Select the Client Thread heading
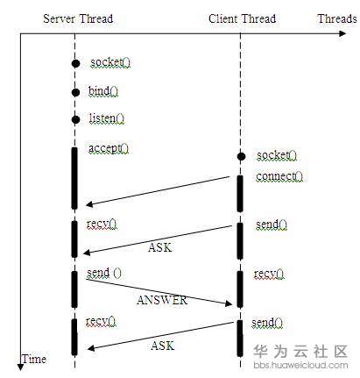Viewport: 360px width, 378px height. tap(242, 18)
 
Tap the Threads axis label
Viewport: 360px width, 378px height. tap(336, 18)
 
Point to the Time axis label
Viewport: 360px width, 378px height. tap(34, 359)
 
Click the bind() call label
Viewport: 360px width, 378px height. tap(103, 90)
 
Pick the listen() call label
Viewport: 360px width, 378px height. tap(107, 118)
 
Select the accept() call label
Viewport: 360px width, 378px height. tap(109, 148)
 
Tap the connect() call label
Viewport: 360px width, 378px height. tap(279, 176)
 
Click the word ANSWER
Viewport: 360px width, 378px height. tap(162, 300)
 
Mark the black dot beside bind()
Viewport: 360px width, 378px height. tap(75, 92)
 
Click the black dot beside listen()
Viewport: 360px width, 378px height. tap(75, 119)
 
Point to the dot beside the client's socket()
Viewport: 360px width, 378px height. tap(241, 156)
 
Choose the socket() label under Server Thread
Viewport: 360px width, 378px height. tap(108, 63)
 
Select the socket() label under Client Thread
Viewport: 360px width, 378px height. tap(276, 155)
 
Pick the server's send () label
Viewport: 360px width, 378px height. tap(104, 274)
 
